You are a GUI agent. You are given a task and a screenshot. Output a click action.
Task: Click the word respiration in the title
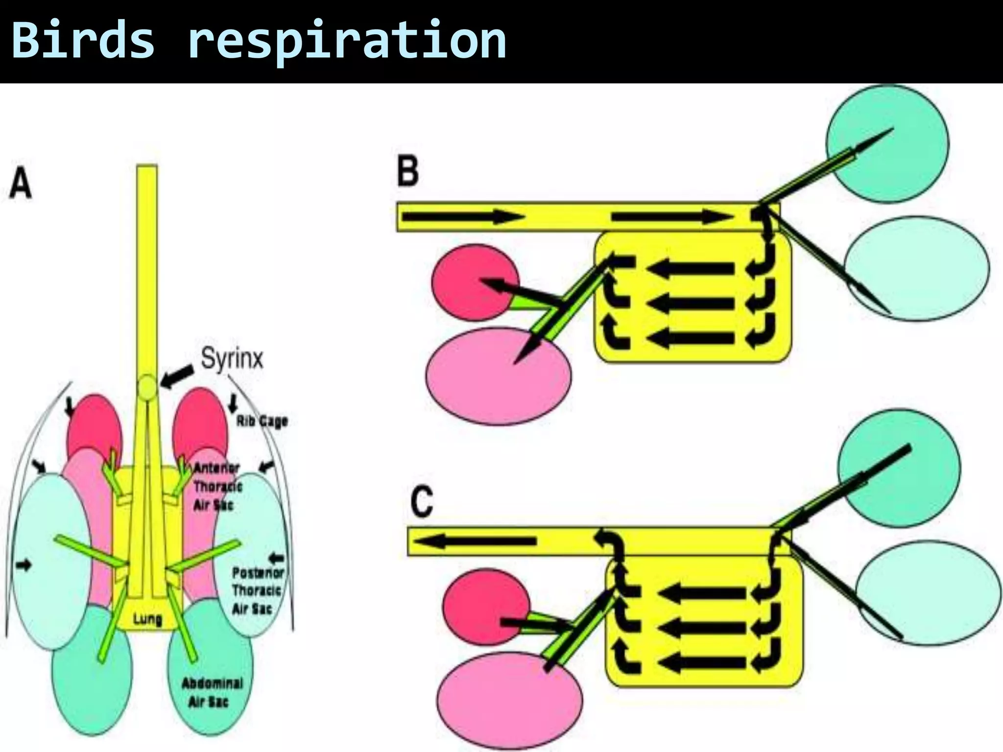coord(347,42)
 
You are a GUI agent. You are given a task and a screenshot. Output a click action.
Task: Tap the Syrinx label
coord(232,358)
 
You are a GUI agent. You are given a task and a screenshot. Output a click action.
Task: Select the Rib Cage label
coord(262,421)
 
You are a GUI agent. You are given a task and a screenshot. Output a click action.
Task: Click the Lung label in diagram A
coord(147,619)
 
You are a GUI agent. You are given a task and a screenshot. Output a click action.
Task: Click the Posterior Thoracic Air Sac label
coord(258,590)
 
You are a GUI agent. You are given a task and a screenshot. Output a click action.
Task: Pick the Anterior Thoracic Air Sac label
coord(217,486)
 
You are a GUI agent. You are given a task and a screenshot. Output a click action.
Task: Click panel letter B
coord(407,172)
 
